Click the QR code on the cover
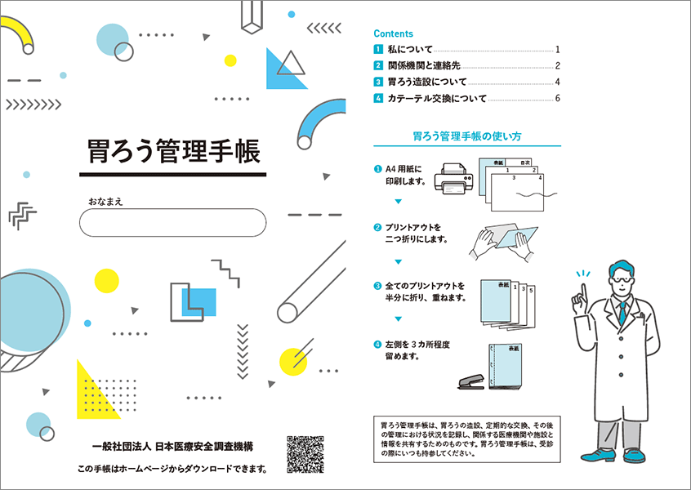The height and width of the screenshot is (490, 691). click(305, 454)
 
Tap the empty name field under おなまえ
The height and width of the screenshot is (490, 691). click(173, 222)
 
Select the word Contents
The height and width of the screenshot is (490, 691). click(393, 33)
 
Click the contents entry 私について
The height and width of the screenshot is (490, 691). click(410, 49)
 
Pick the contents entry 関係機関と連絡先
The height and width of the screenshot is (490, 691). click(424, 65)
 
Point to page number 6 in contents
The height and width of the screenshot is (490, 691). click(558, 98)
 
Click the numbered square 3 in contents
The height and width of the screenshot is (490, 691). click(378, 82)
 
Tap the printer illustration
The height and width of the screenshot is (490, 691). click(454, 179)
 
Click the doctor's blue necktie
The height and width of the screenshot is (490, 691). click(622, 313)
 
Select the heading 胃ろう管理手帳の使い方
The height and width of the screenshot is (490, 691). click(467, 136)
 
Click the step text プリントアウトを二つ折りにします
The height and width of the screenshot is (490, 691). click(417, 234)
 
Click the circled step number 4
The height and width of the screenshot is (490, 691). click(377, 345)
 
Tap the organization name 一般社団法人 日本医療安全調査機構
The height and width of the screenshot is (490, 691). click(172, 447)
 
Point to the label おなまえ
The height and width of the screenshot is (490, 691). click(105, 202)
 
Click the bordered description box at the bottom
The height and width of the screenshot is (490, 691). click(467, 439)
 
